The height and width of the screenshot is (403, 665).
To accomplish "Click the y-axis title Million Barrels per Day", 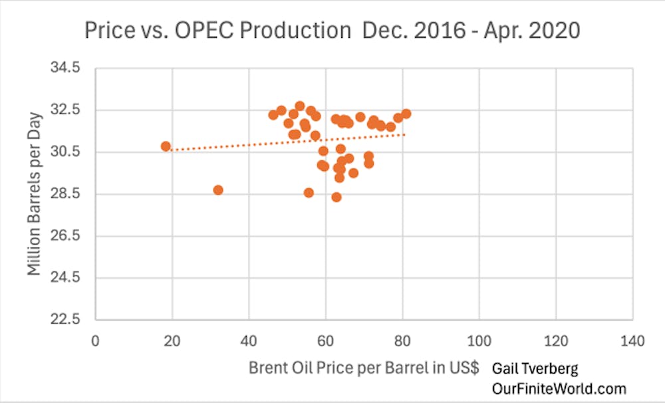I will pos(35,194).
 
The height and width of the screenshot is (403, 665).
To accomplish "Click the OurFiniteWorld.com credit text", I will pos(559,388).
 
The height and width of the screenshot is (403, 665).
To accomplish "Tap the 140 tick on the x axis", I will pos(632,341).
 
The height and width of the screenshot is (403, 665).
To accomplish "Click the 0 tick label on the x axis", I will pos(96,341).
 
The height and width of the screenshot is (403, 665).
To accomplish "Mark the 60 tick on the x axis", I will pos(325,341).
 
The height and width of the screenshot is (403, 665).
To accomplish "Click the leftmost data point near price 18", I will pos(166,146).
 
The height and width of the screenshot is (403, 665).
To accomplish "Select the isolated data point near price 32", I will pos(218,190).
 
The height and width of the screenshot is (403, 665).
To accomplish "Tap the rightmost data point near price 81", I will pos(406,114).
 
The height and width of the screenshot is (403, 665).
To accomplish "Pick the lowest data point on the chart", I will pos(336,197).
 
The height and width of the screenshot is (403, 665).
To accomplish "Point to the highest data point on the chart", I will pos(300,106).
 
